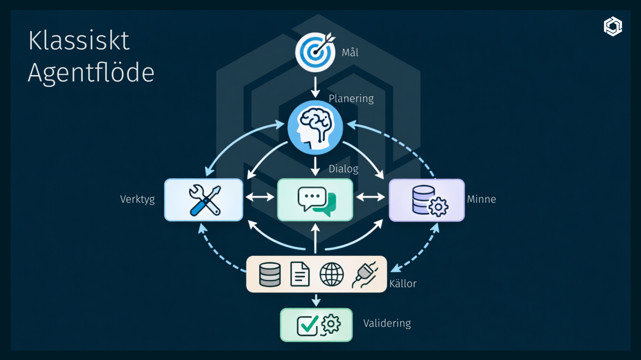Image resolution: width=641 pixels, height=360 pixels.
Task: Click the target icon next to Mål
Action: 315,52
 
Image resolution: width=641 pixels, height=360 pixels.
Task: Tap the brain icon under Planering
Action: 315,127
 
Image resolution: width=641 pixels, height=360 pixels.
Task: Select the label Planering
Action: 351,99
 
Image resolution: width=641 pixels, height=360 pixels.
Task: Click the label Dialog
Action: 343,169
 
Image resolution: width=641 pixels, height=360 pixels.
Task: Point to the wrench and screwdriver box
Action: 204,200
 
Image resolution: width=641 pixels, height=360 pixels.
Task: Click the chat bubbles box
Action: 315,200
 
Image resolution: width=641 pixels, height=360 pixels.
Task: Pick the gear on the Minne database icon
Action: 438,207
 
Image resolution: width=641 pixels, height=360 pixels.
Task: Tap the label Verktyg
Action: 137,199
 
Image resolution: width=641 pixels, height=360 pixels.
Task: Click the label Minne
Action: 481,199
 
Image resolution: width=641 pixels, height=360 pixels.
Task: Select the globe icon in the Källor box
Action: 331,274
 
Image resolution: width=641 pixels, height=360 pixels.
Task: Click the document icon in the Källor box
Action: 300,274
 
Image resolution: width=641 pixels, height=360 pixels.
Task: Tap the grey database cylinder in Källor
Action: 270,275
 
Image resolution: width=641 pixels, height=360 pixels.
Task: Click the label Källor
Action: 403,284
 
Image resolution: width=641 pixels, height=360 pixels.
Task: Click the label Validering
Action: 387,323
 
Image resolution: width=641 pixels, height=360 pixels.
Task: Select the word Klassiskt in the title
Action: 79,41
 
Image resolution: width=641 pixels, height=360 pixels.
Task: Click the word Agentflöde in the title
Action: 91,73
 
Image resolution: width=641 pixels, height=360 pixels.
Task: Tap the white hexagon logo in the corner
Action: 613,26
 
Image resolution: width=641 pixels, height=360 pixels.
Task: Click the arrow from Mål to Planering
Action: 315,87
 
